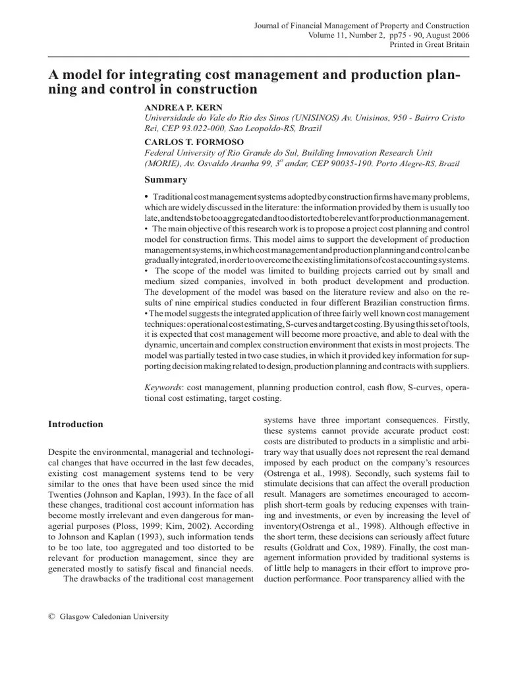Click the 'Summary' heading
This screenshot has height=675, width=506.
tap(165, 180)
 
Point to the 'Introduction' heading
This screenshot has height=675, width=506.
tap(76, 425)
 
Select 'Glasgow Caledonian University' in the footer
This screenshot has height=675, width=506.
tap(114, 618)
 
